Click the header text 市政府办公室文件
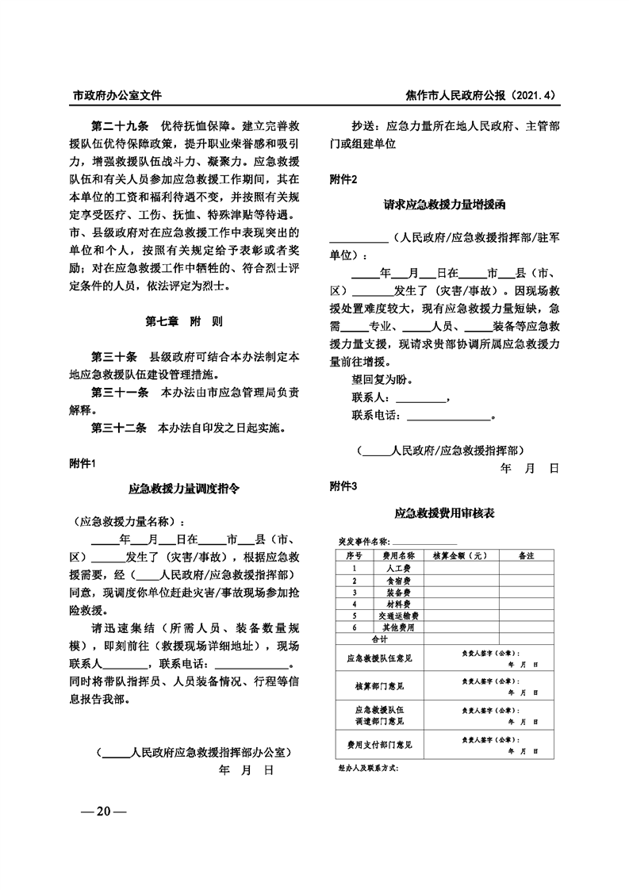coord(117,95)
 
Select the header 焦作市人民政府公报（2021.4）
coord(481,95)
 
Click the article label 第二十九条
coord(120,126)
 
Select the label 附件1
coord(82,463)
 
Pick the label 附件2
coord(343,179)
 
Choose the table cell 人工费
coord(393,569)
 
